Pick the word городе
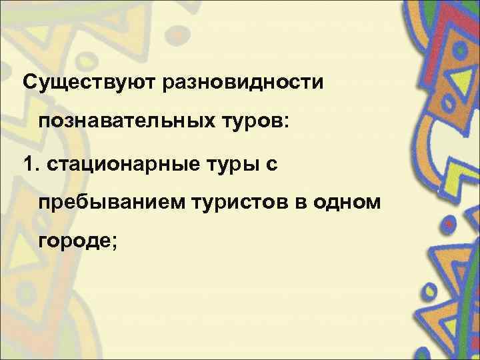tap(73, 243)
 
